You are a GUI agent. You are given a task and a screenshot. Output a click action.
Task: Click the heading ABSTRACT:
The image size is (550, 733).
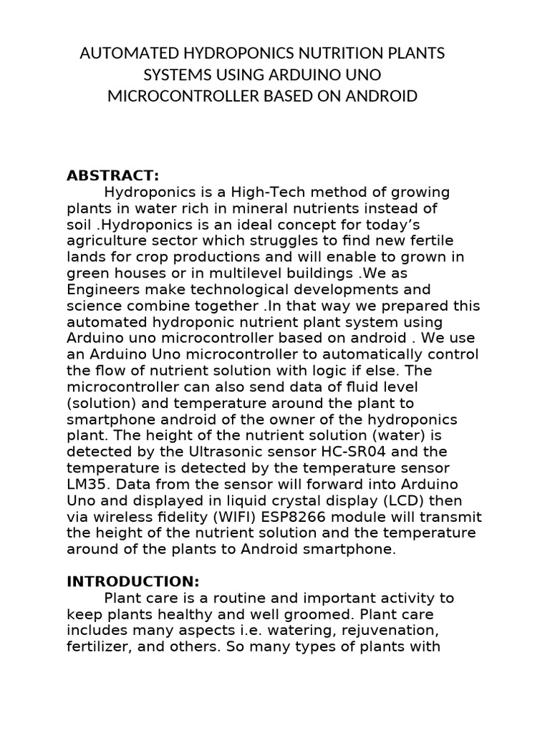[x=112, y=176]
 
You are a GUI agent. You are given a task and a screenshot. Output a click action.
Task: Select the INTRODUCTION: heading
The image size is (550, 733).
[x=132, y=581]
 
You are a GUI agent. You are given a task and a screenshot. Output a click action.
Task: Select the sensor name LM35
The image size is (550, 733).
[x=84, y=485]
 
